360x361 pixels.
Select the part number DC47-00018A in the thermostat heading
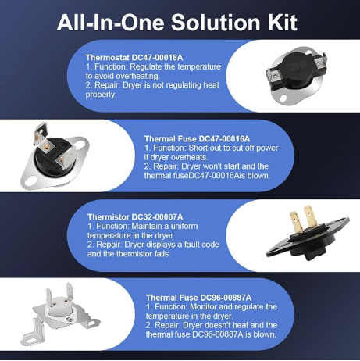157,58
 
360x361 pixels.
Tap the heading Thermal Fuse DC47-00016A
197,138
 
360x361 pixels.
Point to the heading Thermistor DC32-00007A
135,216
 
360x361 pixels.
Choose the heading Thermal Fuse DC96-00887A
198,298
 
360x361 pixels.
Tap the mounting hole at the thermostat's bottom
282,98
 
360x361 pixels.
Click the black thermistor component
307,239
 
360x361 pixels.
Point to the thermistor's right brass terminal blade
310,217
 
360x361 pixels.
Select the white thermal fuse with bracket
60,315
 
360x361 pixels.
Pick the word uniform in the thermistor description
185,226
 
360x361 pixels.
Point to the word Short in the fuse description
198,148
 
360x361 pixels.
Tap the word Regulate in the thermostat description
146,67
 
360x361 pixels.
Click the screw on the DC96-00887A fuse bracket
70,320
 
